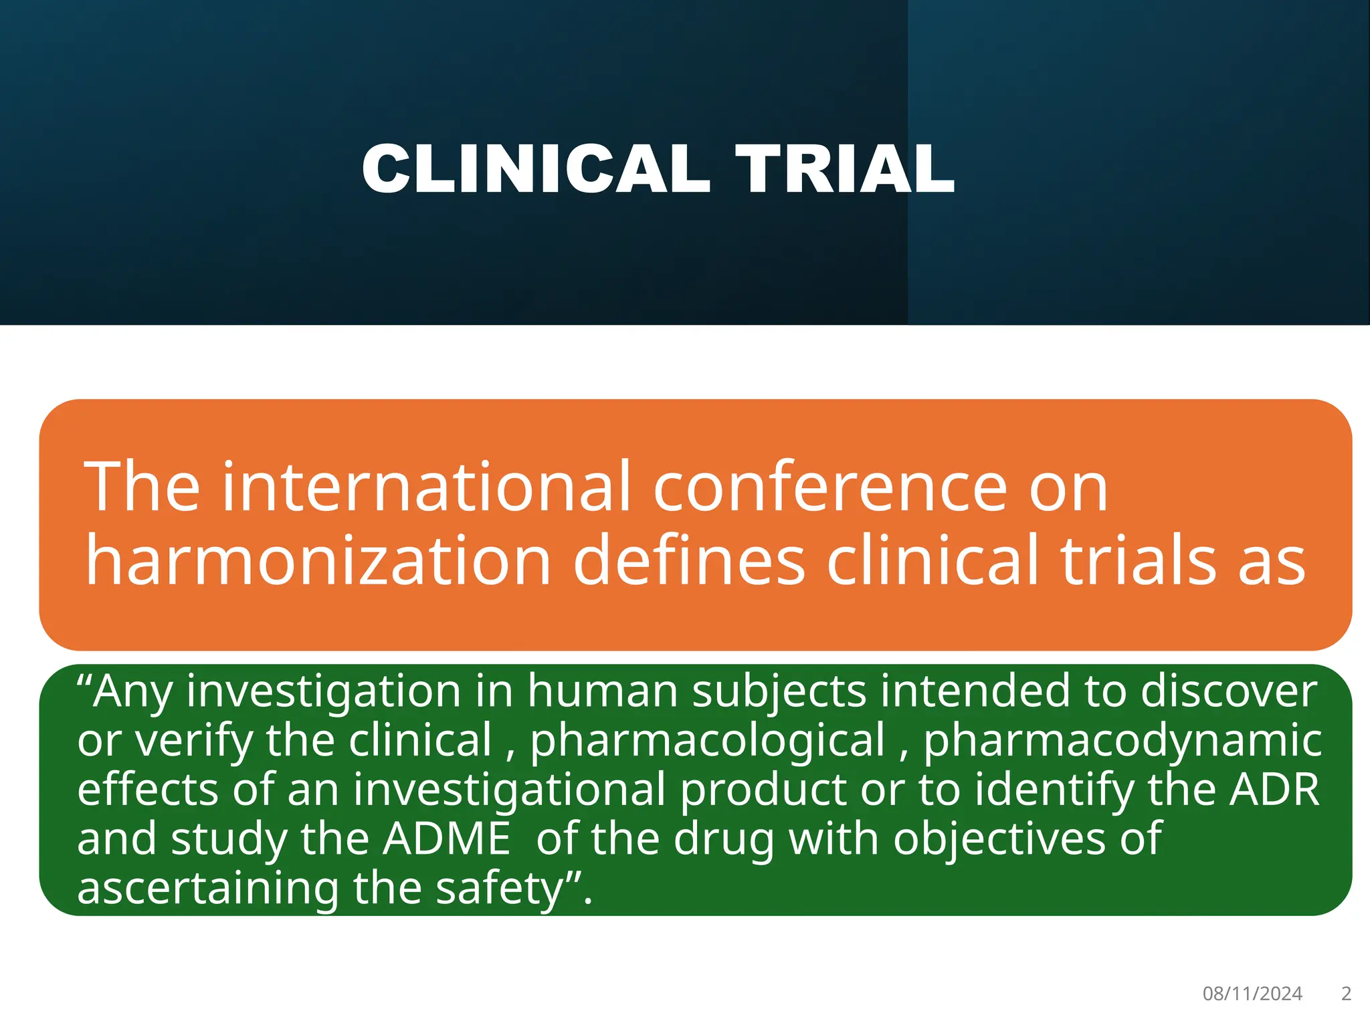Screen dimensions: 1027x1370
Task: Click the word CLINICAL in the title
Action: pos(535,170)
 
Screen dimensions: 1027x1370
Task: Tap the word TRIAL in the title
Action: pos(845,170)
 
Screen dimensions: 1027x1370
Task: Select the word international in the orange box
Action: pos(426,487)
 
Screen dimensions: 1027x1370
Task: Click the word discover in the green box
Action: pos(1229,691)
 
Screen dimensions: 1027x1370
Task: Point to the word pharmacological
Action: pos(708,741)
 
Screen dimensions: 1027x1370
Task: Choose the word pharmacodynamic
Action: pos(1122,741)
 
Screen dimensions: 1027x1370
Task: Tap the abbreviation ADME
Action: pos(446,839)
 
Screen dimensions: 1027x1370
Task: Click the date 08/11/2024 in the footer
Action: pos(1252,994)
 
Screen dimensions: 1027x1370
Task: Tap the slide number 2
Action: pos(1346,994)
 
